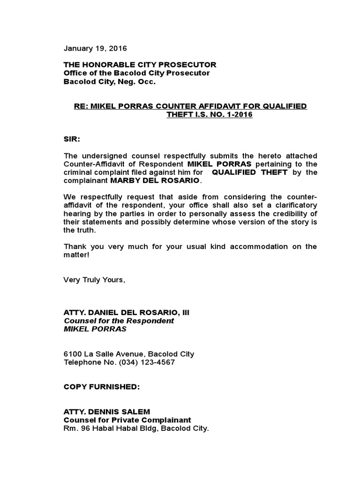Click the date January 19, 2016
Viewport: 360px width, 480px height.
[95, 48]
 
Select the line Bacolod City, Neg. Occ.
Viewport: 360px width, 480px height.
[109, 81]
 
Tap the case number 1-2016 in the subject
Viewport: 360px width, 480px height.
[237, 115]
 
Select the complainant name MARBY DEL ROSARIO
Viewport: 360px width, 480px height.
[155, 181]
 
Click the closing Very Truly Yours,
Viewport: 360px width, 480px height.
[95, 280]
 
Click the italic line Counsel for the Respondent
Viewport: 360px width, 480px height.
[119, 321]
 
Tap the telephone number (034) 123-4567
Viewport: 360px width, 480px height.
[148, 362]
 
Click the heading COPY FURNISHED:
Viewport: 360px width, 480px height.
[95, 387]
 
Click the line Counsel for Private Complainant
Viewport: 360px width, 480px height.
[127, 420]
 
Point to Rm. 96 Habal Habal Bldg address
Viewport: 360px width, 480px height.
[136, 428]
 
